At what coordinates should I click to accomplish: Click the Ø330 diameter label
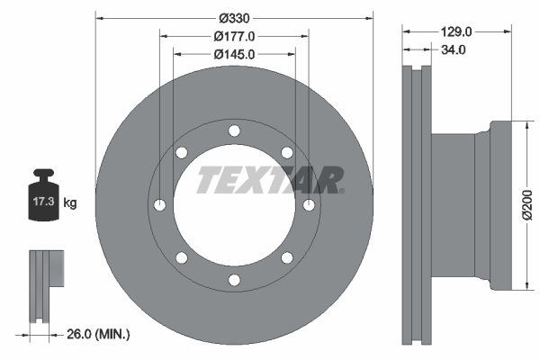coord(235,18)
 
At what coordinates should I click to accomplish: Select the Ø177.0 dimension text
coord(234,36)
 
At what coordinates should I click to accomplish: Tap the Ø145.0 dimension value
coord(234,54)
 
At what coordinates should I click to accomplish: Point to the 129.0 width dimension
coord(456,32)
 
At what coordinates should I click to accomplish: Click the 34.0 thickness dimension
coord(454,50)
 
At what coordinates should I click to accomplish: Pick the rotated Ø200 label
coord(526,205)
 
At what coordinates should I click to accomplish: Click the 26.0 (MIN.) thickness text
coord(98,334)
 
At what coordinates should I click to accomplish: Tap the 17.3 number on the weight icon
coord(44,202)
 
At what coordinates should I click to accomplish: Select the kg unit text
coord(70,202)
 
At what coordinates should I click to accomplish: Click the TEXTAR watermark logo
coord(270,180)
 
